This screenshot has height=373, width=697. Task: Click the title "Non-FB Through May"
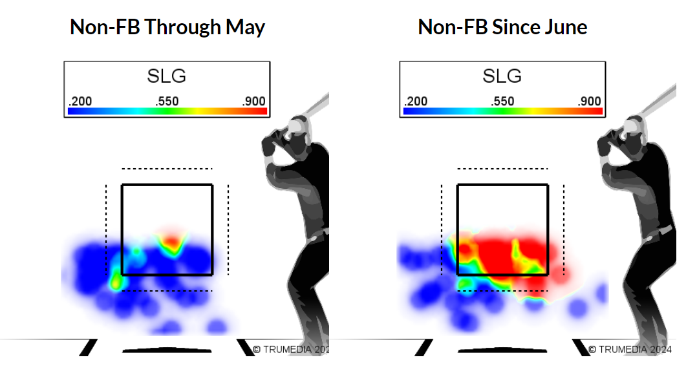pyautogui.click(x=167, y=27)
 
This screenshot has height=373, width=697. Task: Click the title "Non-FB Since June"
pyautogui.click(x=502, y=27)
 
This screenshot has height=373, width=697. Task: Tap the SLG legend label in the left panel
pyautogui.click(x=167, y=76)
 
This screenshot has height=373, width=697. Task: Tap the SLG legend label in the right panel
pyautogui.click(x=502, y=76)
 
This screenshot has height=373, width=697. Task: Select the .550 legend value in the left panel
pyautogui.click(x=167, y=101)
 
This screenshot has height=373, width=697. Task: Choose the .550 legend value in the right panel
pyautogui.click(x=502, y=101)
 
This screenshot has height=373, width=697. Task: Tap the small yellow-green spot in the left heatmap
pyautogui.click(x=116, y=280)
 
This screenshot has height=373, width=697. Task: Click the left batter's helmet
pyautogui.click(x=298, y=124)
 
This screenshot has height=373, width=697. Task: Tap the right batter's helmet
pyautogui.click(x=634, y=124)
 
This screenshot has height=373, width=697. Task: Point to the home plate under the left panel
pyautogui.click(x=167, y=350)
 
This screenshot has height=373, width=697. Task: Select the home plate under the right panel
pyautogui.click(x=502, y=350)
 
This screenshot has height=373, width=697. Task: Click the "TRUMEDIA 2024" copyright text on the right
pyautogui.click(x=630, y=349)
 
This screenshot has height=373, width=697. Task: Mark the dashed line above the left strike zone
pyautogui.click(x=167, y=169)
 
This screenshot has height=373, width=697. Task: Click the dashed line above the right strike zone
pyautogui.click(x=502, y=169)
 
